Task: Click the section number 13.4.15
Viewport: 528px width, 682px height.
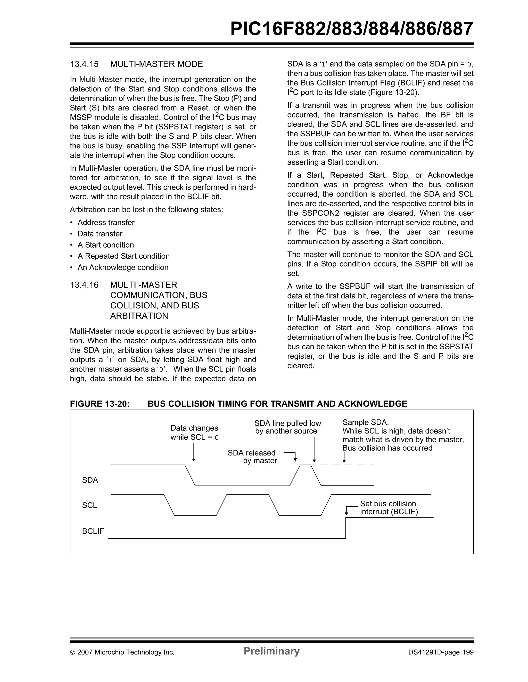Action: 84,64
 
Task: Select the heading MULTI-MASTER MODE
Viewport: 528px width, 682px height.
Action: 156,64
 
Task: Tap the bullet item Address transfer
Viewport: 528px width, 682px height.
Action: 106,223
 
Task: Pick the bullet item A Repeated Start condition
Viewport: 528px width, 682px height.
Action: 123,256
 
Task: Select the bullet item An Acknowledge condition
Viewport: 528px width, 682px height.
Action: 123,268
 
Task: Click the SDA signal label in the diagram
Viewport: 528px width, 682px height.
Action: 90,480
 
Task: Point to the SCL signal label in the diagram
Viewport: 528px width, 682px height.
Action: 90,505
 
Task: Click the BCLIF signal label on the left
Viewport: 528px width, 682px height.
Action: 93,531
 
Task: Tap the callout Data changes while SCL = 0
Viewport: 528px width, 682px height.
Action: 194,433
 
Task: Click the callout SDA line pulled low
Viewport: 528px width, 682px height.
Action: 287,427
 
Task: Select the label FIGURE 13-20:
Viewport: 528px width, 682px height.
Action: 99,404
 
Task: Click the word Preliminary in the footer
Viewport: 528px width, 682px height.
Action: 271,651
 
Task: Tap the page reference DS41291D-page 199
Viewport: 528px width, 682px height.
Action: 441,652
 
